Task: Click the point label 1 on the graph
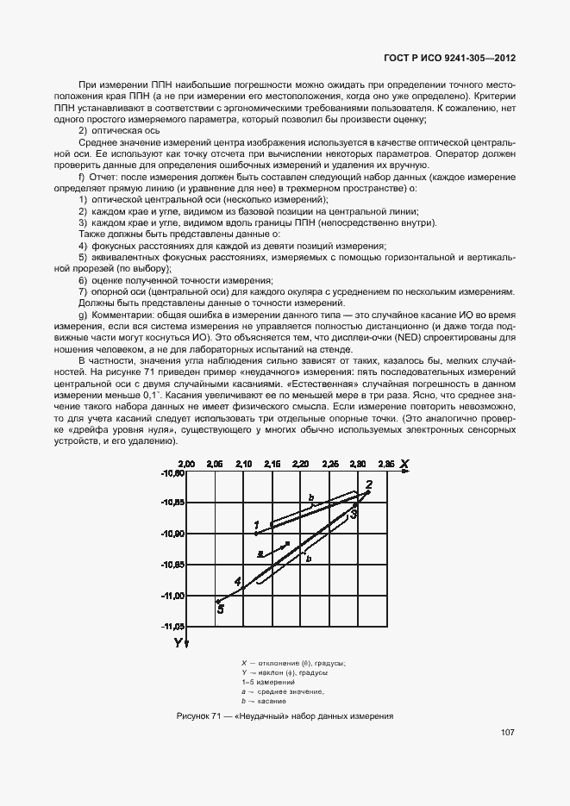click(256, 524)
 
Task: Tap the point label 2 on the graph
click(368, 484)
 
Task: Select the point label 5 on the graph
click(220, 609)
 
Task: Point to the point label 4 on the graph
click(237, 581)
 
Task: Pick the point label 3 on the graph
click(354, 513)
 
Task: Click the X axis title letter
click(403, 464)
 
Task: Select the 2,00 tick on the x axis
click(187, 464)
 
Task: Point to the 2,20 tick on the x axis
click(301, 464)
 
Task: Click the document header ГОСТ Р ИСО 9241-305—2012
click(449, 59)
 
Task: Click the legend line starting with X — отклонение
click(293, 663)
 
